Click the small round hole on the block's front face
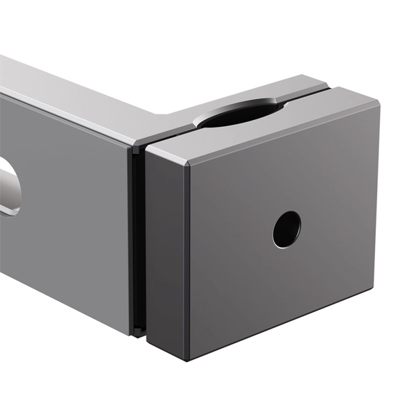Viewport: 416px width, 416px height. coord(286,229)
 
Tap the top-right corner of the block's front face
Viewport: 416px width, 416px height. coord(379,105)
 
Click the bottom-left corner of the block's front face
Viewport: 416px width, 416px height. coord(189,360)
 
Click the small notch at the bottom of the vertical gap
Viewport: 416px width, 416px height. coord(139,331)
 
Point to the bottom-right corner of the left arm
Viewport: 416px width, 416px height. coord(130,334)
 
